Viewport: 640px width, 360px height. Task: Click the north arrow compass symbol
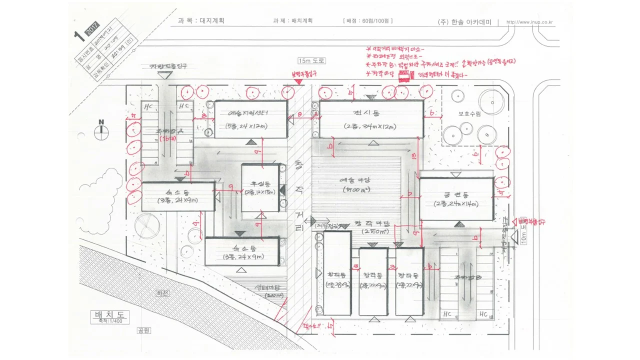click(x=101, y=130)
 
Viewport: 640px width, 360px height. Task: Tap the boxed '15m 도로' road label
click(x=311, y=60)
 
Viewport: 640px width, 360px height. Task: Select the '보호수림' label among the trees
click(x=469, y=113)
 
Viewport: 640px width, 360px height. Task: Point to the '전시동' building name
click(x=370, y=113)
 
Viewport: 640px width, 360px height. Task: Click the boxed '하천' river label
click(x=160, y=293)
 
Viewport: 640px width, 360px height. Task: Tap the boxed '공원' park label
click(x=145, y=330)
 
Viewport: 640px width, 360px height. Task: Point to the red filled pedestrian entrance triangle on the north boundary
click(x=298, y=81)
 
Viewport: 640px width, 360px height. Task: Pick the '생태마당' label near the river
click(x=267, y=287)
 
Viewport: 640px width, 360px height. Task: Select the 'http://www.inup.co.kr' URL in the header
click(x=532, y=22)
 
